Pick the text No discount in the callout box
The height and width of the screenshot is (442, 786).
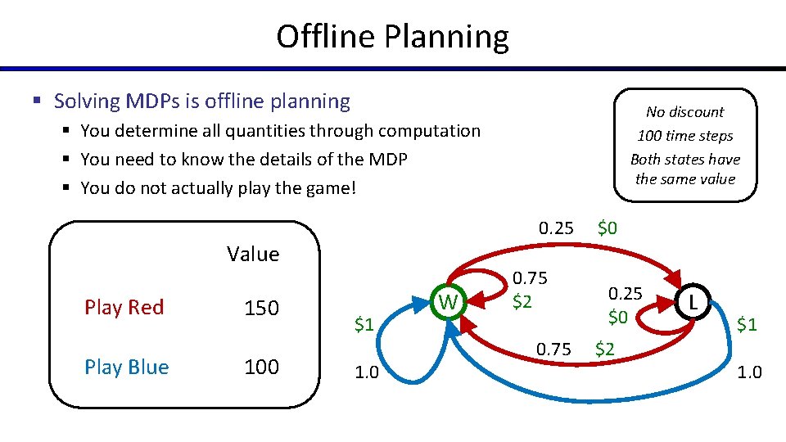click(x=684, y=112)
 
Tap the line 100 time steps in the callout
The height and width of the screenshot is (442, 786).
click(x=684, y=136)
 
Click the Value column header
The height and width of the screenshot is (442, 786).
click(x=253, y=255)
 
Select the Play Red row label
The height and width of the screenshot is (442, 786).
click(x=124, y=308)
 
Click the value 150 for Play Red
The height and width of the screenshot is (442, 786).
click(x=262, y=309)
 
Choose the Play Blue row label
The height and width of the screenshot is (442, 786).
click(x=126, y=368)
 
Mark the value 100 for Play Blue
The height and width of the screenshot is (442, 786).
click(x=262, y=368)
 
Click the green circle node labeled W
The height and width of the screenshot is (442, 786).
click(x=449, y=303)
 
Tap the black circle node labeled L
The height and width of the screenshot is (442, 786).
click(x=693, y=303)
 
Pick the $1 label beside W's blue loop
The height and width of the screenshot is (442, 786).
click(x=364, y=325)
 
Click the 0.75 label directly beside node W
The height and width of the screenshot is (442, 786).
click(x=530, y=278)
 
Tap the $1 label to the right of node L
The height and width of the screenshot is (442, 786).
click(x=746, y=325)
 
